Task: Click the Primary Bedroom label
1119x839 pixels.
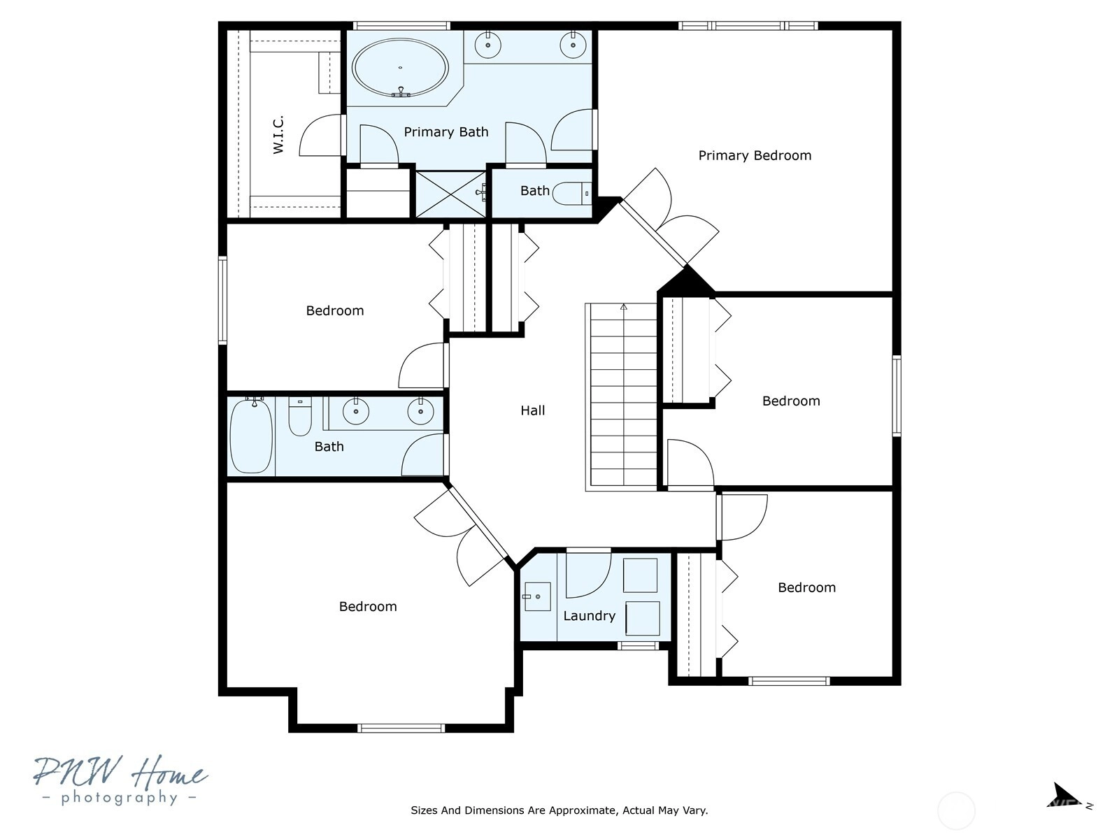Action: click(755, 155)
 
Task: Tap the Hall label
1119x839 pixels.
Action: click(533, 410)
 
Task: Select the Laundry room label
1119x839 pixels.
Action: click(590, 616)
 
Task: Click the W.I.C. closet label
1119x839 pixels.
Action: click(278, 134)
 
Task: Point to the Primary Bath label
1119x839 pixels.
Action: click(446, 132)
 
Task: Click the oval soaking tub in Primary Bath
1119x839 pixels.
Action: click(400, 69)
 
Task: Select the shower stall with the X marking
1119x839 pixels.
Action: click(450, 194)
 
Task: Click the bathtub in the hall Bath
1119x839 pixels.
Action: click(251, 436)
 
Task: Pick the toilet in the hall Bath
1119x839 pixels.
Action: click(300, 417)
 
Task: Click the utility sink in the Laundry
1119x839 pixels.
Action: click(537, 596)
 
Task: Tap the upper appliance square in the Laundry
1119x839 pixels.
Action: click(641, 575)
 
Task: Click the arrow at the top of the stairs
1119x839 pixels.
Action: click(623, 307)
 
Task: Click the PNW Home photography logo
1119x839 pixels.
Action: click(120, 780)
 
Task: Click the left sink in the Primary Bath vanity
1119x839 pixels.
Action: click(488, 45)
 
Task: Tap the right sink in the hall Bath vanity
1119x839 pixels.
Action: click(420, 410)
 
